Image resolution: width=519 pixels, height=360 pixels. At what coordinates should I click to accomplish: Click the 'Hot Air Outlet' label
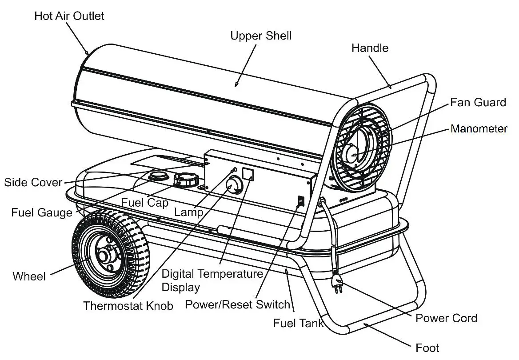point(69,16)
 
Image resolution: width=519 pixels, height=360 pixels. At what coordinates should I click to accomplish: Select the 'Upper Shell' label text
point(261,36)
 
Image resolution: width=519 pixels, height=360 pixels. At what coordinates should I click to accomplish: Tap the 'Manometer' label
point(479,129)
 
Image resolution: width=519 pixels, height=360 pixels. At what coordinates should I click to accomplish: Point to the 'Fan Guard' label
point(478,102)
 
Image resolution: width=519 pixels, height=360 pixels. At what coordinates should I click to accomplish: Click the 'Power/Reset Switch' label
point(237,304)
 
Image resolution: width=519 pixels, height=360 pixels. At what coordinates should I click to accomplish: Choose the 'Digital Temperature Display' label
point(212,280)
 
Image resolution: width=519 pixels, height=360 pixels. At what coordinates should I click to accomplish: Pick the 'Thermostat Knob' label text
point(128,306)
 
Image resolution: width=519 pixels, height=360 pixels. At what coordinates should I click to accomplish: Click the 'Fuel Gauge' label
point(42,212)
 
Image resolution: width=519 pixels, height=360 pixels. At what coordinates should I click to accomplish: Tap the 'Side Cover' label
point(33,182)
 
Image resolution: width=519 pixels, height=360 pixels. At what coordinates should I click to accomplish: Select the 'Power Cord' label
point(446,318)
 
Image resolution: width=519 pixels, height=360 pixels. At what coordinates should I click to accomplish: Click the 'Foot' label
point(427,348)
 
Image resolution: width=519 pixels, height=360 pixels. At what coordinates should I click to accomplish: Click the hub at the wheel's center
point(105,256)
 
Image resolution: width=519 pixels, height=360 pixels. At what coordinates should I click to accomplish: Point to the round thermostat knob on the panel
point(234,185)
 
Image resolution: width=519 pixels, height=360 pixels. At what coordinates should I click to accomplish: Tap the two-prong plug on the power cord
point(337,283)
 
